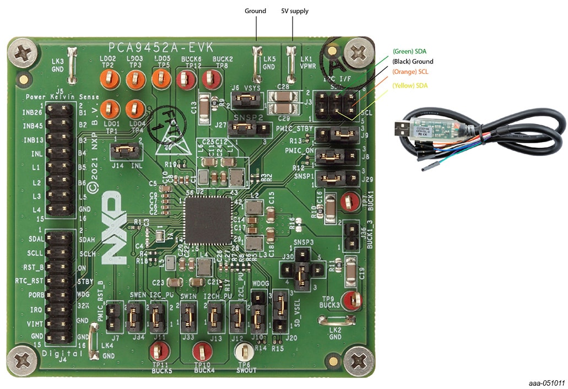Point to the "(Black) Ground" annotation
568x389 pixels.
click(413, 62)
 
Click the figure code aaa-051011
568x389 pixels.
click(547, 382)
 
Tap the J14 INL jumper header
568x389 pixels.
click(126, 150)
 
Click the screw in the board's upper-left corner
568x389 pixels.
click(24, 55)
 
